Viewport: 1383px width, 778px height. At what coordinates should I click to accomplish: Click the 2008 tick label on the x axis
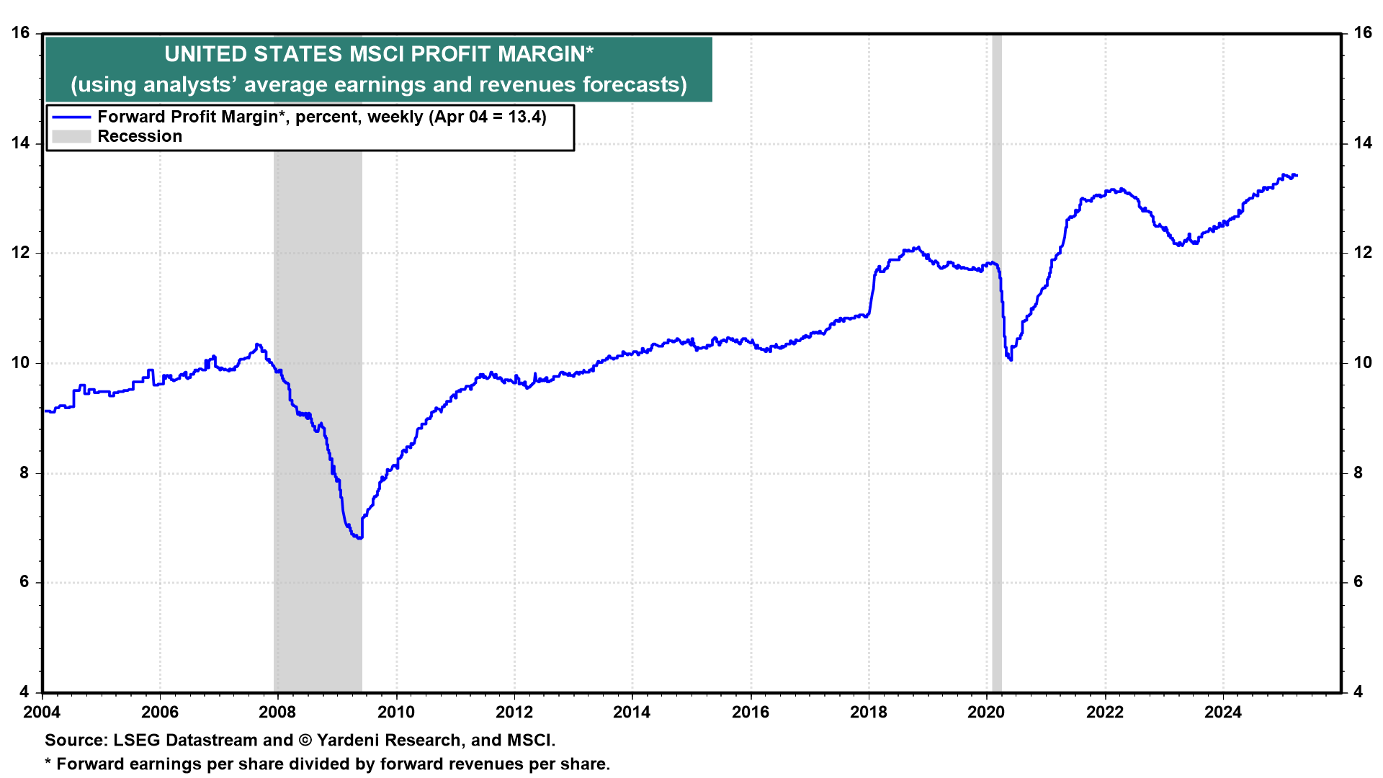click(x=277, y=712)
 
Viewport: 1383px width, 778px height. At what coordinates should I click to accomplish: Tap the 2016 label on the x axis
click(x=751, y=712)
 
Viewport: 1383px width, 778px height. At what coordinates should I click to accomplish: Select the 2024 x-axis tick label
click(x=1223, y=712)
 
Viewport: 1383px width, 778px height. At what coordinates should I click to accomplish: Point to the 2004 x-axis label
click(x=42, y=712)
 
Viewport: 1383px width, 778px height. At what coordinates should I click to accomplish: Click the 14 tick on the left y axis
click(x=20, y=143)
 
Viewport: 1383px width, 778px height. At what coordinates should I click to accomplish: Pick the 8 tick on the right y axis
click(x=1358, y=473)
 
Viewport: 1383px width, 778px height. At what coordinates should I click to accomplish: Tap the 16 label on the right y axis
click(x=1362, y=32)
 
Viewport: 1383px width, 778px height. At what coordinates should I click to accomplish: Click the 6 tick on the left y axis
click(x=24, y=582)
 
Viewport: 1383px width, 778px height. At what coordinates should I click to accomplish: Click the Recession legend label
click(x=140, y=136)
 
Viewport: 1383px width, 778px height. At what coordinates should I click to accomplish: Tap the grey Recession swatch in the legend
click(x=71, y=136)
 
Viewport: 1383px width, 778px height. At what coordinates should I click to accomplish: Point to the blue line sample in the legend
click(x=71, y=117)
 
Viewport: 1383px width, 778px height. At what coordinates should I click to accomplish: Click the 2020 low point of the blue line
click(x=1011, y=359)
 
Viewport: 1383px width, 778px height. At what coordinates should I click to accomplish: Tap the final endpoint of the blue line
click(x=1297, y=175)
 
